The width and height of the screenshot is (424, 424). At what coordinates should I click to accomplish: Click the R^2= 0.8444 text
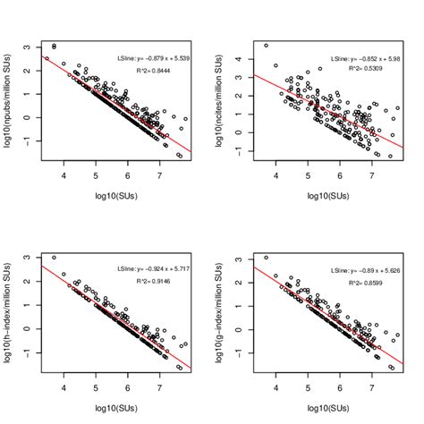(x=160, y=68)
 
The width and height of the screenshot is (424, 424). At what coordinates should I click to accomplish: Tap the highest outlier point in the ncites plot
(x=266, y=45)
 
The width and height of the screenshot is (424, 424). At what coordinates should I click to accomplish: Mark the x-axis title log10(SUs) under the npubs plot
(x=113, y=196)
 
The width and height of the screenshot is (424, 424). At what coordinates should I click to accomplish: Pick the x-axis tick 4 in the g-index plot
(x=276, y=390)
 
